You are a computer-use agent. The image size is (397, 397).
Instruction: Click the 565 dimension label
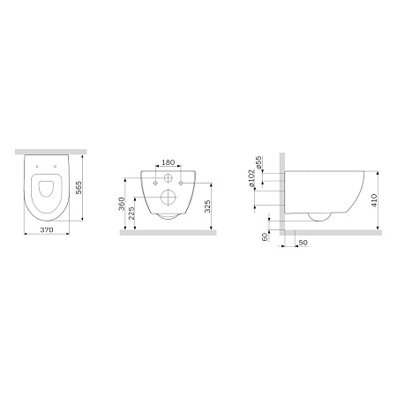pyautogui.click(x=79, y=187)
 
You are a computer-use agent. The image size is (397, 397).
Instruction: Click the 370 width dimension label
pyautogui.click(x=47, y=230)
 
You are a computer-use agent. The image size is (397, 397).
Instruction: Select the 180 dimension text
pyautogui.click(x=169, y=162)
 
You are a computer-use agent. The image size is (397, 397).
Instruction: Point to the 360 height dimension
pyautogui.click(x=122, y=204)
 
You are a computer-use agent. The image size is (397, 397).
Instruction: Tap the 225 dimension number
pyautogui.click(x=131, y=213)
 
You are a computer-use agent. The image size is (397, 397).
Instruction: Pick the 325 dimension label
pyautogui.click(x=207, y=206)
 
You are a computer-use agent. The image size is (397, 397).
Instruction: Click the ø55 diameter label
pyautogui.click(x=258, y=162)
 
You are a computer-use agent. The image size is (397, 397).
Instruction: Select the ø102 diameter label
pyautogui.click(x=251, y=178)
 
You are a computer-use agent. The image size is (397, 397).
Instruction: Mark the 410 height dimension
pyautogui.click(x=374, y=200)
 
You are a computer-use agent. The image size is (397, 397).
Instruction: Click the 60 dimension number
pyautogui.click(x=265, y=236)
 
